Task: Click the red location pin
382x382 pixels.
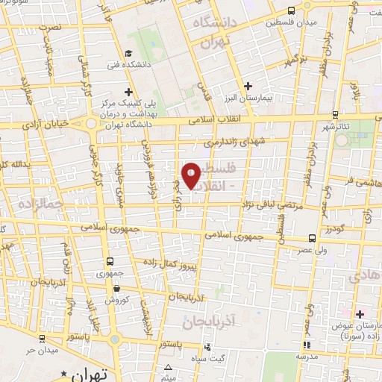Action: coord(192,175)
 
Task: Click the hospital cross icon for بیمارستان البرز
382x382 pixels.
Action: coord(248,86)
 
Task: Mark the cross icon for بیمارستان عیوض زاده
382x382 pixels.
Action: coord(359,314)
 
